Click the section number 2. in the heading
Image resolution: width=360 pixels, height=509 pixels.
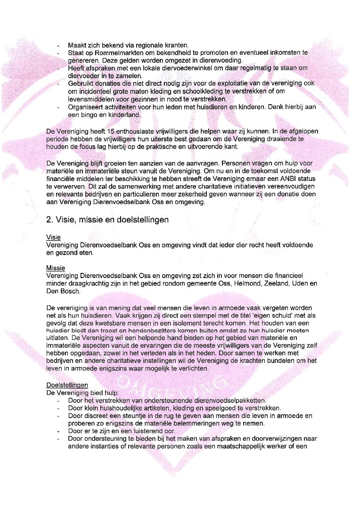pyautogui.click(x=50, y=220)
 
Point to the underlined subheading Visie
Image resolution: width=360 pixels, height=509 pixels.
pyautogui.click(x=53, y=238)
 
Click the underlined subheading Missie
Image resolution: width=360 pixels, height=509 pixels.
pyautogui.click(x=56, y=268)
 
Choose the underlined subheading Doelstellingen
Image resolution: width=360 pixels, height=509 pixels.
pyautogui.click(x=67, y=385)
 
